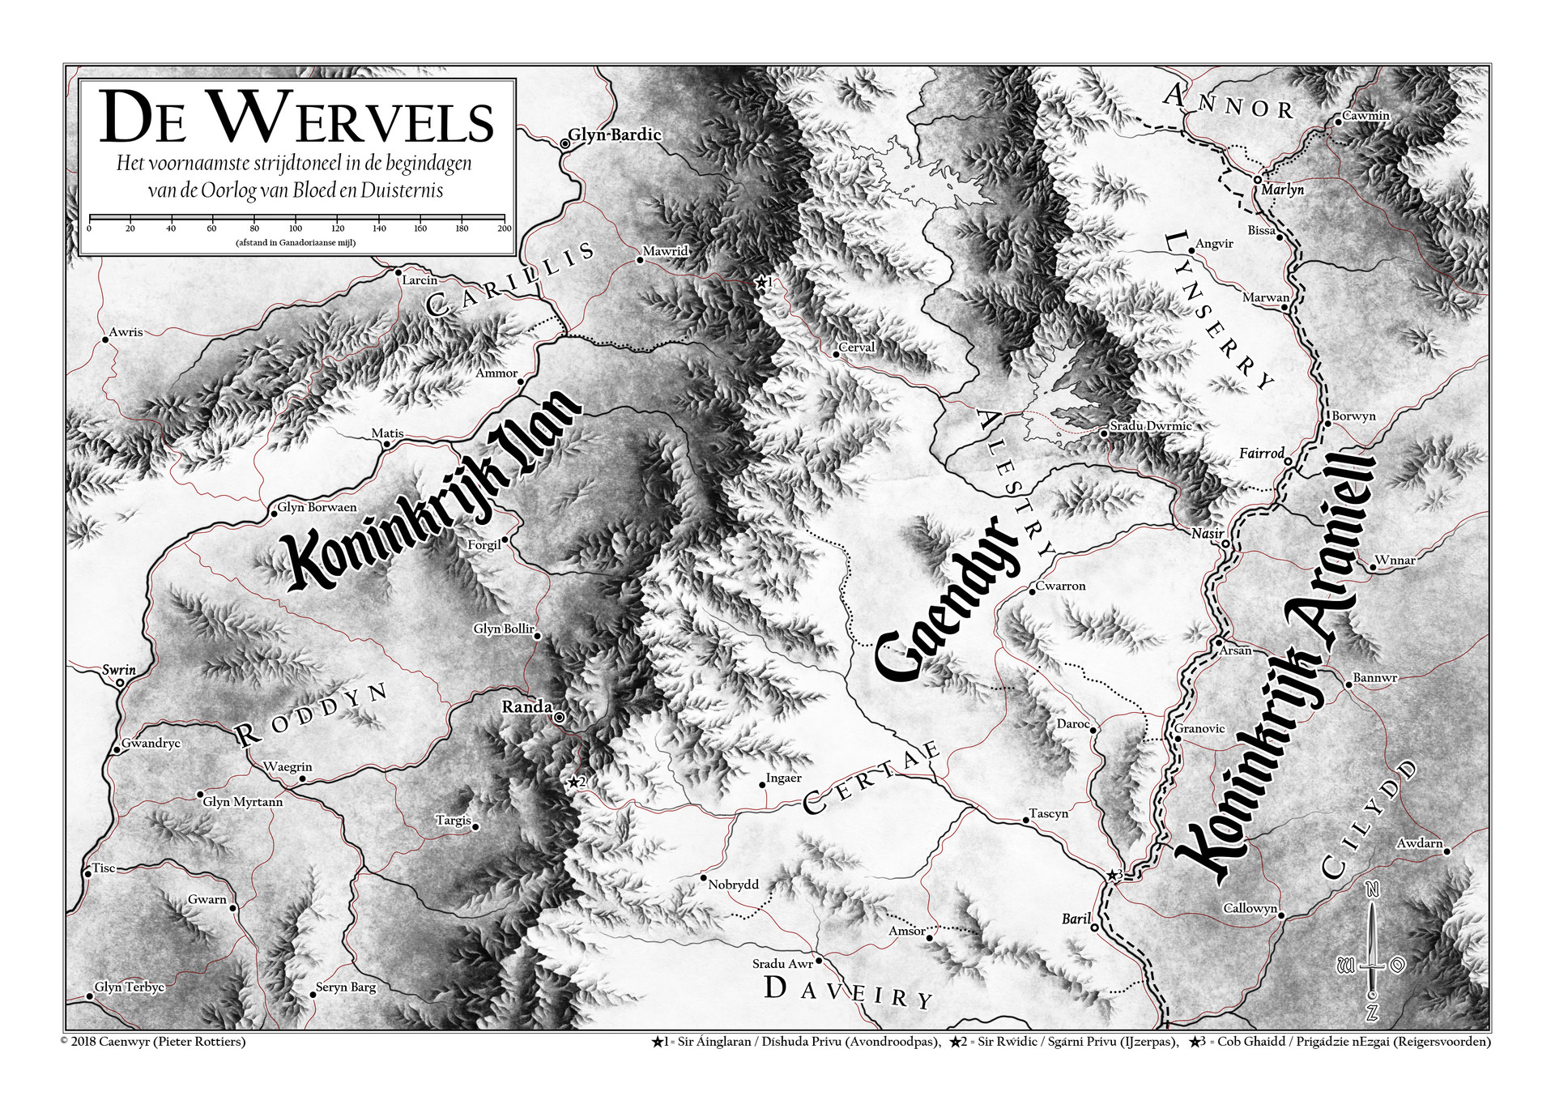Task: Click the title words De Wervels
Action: pos(296,119)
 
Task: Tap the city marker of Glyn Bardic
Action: pos(564,143)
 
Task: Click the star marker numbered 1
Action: pos(760,283)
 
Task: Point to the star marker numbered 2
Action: pos(573,782)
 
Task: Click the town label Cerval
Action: pos(856,348)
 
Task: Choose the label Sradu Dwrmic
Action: pos(1150,426)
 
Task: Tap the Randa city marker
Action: pos(559,718)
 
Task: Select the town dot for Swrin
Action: pos(120,683)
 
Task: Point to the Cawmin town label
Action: pos(1365,116)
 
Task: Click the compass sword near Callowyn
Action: pos(1372,952)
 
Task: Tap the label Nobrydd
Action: pos(733,885)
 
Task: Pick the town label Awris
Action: pos(126,332)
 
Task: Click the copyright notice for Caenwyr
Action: pos(153,1042)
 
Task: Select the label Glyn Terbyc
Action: pos(130,987)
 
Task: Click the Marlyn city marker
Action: pos(1257,180)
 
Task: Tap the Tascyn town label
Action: pos(1048,813)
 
